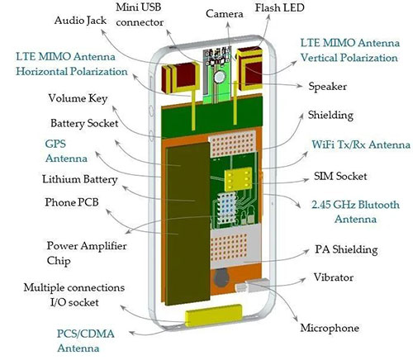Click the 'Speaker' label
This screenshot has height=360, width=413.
click(328, 84)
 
